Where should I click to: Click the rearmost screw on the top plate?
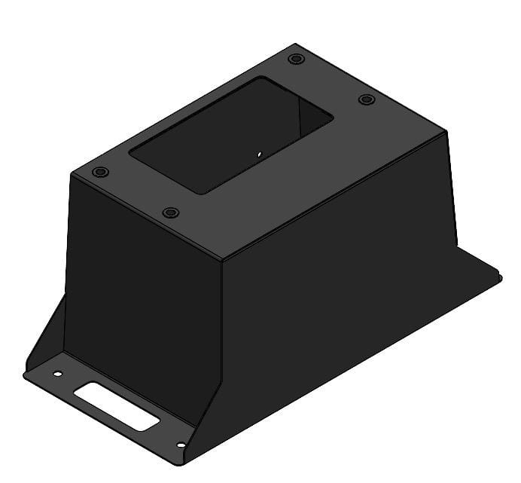(296, 58)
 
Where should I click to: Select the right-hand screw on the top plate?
(366, 99)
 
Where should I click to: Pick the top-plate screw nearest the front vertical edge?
(171, 212)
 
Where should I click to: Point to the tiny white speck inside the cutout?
(258, 155)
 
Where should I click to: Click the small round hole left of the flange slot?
(57, 373)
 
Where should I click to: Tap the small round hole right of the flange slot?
(181, 445)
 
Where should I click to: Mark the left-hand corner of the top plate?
(72, 176)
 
